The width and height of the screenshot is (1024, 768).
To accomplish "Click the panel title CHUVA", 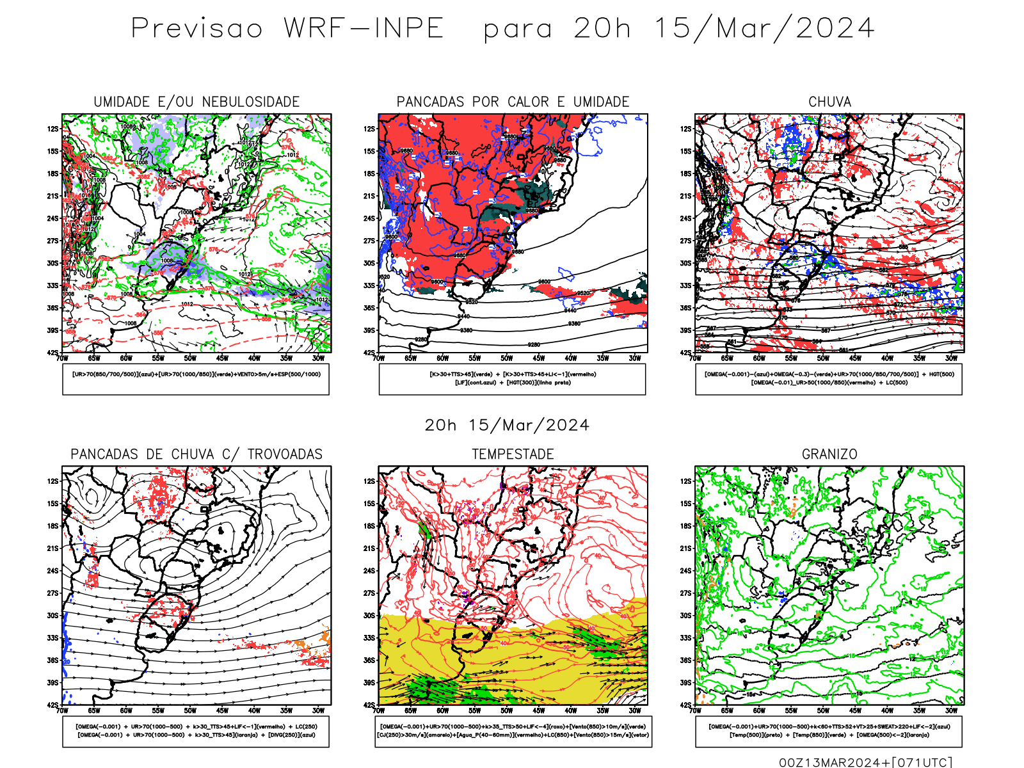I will pyautogui.click(x=829, y=102).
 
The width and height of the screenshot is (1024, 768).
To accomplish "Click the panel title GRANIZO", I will pyautogui.click(x=829, y=454).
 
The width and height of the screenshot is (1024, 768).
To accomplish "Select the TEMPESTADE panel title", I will pyautogui.click(x=513, y=454).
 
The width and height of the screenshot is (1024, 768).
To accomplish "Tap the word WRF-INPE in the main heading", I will pyautogui.click(x=364, y=29).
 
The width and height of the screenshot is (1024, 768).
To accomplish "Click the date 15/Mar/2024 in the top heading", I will pyautogui.click(x=764, y=29).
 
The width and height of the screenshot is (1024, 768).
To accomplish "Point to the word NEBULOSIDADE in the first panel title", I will pyautogui.click(x=251, y=102).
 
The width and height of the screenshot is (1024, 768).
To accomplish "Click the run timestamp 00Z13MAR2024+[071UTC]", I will pyautogui.click(x=865, y=762).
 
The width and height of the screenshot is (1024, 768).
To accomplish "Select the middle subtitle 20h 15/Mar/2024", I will pyautogui.click(x=507, y=426).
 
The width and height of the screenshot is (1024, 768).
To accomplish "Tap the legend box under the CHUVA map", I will pyautogui.click(x=829, y=379).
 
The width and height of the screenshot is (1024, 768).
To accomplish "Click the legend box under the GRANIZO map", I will pyautogui.click(x=829, y=731).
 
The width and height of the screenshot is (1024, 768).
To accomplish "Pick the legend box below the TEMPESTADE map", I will pyautogui.click(x=513, y=731).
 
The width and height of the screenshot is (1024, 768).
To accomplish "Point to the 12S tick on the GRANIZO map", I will pyautogui.click(x=685, y=481).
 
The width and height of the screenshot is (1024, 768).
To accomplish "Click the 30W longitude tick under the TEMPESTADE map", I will pyautogui.click(x=635, y=710).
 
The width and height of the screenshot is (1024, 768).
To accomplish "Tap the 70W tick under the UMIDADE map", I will pyautogui.click(x=62, y=358).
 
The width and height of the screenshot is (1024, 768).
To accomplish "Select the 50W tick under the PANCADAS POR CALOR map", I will pyautogui.click(x=507, y=358).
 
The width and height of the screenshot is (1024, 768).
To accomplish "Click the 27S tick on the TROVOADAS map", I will pyautogui.click(x=52, y=593).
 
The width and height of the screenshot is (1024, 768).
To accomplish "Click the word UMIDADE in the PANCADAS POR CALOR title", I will pyautogui.click(x=602, y=102).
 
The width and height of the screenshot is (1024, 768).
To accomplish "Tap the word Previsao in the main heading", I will pyautogui.click(x=197, y=29).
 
